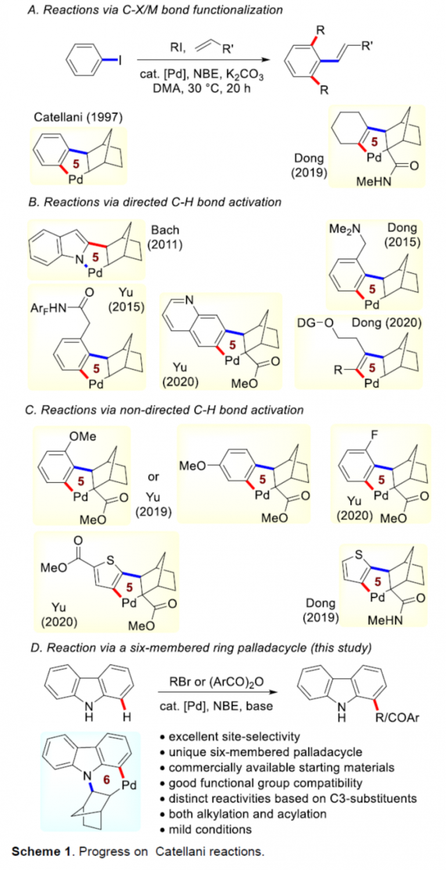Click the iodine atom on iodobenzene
tap(120, 60)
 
